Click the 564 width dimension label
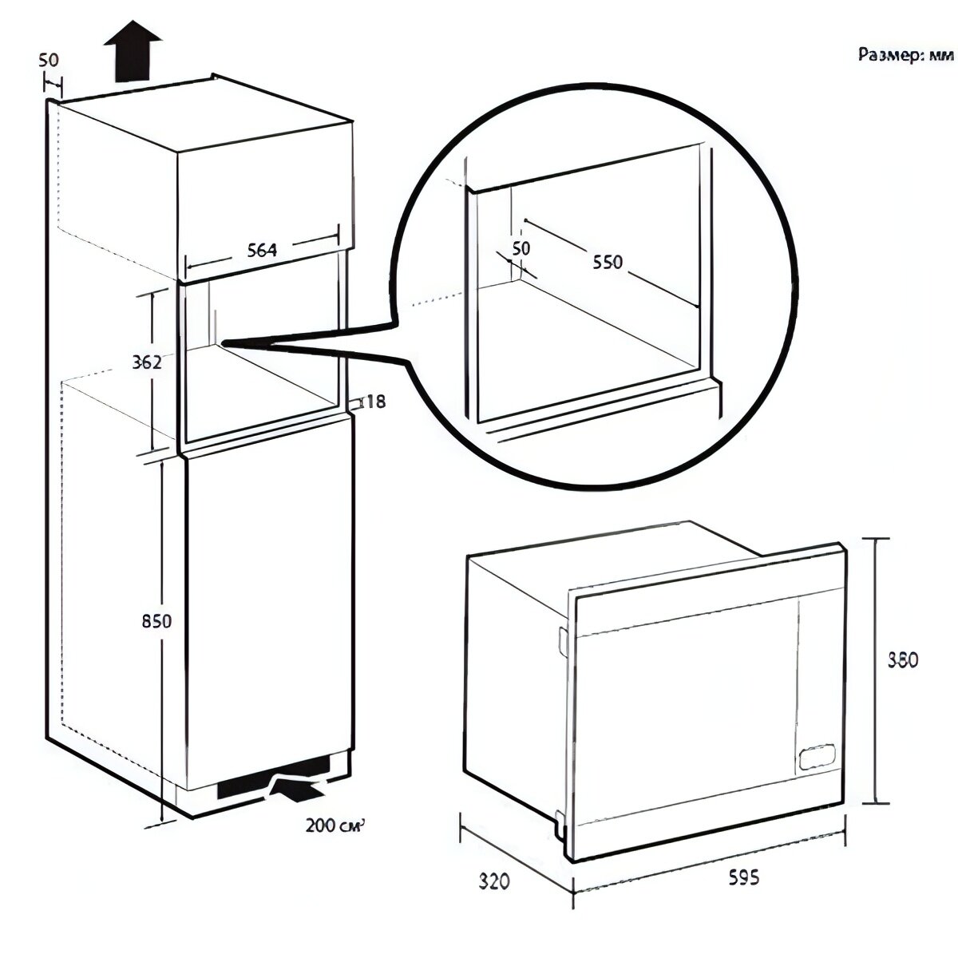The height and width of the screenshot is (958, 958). coord(261,250)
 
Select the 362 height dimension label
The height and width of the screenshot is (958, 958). coord(147,362)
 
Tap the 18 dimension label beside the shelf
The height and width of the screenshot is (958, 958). coord(375,402)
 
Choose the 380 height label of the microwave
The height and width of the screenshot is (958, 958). coord(903,660)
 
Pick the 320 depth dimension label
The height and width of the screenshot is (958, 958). coord(495,881)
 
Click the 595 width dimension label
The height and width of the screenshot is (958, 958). coord(743,877)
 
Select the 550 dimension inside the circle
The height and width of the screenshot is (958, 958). coord(606,261)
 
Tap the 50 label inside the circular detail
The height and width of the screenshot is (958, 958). coord(521,248)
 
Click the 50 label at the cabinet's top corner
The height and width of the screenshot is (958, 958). coord(49,60)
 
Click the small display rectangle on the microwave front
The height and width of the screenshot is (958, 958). coord(816,754)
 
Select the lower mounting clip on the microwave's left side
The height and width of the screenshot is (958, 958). coord(558,819)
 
